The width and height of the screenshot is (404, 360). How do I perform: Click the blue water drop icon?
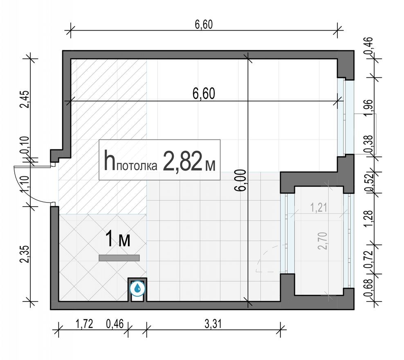[x=137, y=289]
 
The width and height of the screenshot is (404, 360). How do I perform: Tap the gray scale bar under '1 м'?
[x=119, y=258]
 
